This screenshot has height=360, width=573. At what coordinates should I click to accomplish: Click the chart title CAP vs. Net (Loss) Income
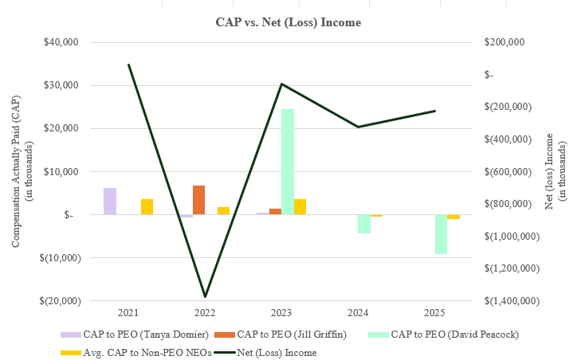tap(288, 22)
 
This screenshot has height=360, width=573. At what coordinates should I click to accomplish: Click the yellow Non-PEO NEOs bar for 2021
tap(147, 206)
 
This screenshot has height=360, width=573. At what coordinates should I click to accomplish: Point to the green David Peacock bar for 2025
tap(441, 234)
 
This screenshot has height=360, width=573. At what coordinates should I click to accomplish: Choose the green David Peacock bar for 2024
tap(363, 224)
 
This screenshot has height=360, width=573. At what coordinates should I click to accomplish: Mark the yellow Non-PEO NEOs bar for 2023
tap(300, 206)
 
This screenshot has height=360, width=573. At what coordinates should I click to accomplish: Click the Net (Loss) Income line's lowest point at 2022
tap(205, 296)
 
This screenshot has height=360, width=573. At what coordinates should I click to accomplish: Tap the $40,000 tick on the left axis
tap(61, 42)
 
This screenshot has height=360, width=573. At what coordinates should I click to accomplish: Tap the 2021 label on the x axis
tap(128, 313)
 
